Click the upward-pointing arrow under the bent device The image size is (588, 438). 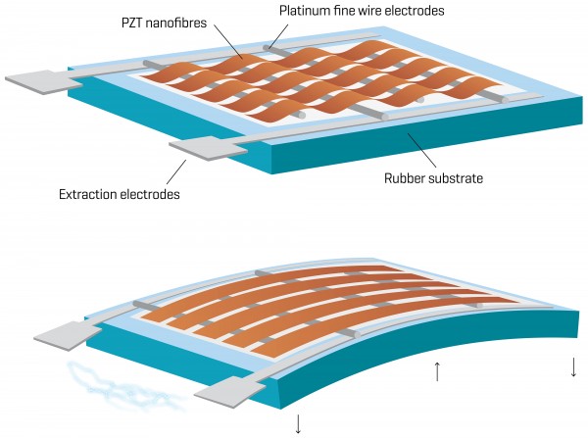pos(438,371)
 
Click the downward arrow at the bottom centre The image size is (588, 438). pos(298,423)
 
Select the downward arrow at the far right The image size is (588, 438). pos(573,369)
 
